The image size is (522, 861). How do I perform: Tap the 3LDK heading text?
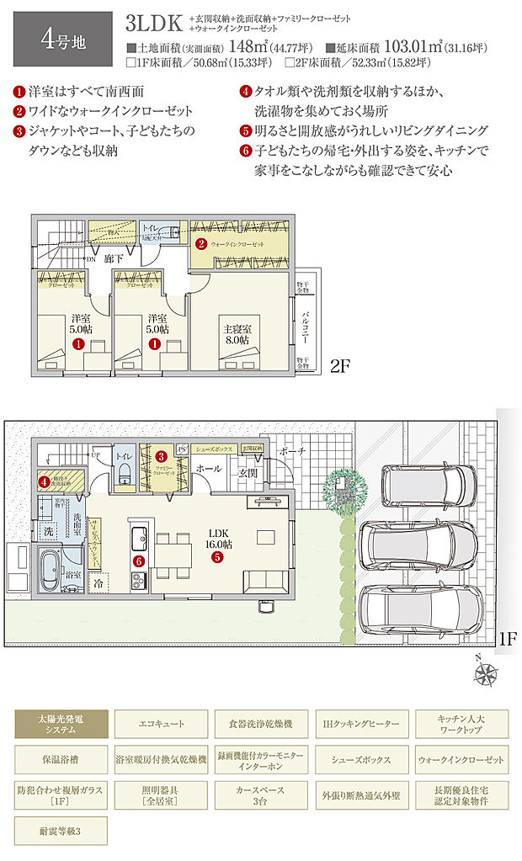click(x=154, y=22)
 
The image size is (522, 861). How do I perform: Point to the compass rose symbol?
click(x=486, y=673)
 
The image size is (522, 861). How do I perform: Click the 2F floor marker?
click(x=341, y=367)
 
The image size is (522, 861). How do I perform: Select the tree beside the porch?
click(x=344, y=487)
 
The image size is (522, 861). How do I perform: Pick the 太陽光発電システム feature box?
click(x=61, y=724)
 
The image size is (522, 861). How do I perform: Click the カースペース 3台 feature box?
click(x=258, y=795)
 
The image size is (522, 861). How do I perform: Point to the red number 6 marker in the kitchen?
click(x=139, y=560)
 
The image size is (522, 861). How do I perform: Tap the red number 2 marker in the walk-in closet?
click(x=201, y=244)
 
